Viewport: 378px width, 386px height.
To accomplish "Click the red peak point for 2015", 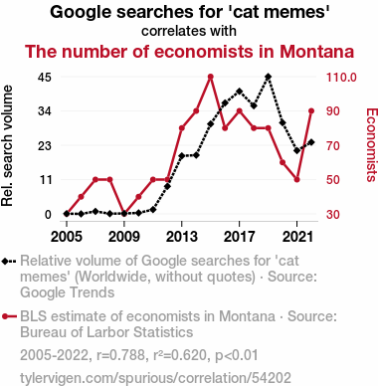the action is pyautogui.click(x=210, y=77).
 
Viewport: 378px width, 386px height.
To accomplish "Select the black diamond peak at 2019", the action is pyautogui.click(x=269, y=77).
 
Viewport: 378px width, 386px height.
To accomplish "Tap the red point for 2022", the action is pyautogui.click(x=311, y=111).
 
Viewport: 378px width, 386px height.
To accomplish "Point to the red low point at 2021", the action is pyautogui.click(x=296, y=180).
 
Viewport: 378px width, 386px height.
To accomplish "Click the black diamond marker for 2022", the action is pyautogui.click(x=311, y=142).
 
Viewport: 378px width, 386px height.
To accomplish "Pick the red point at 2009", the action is pyautogui.click(x=124, y=214).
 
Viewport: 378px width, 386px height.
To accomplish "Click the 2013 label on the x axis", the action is pyautogui.click(x=181, y=237).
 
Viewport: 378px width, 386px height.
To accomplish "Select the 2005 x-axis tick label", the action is pyautogui.click(x=67, y=237).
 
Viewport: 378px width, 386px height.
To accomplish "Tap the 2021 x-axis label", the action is pyautogui.click(x=296, y=237).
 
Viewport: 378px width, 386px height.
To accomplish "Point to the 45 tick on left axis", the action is pyautogui.click(x=45, y=78).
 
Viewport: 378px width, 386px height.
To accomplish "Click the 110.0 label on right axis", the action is pyautogui.click(x=341, y=78).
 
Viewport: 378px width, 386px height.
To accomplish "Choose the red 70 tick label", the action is pyautogui.click(x=333, y=145).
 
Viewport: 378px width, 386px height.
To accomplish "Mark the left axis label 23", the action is pyautogui.click(x=45, y=145).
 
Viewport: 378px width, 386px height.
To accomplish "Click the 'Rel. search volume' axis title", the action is pyautogui.click(x=7, y=145).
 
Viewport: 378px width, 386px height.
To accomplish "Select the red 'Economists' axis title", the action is pyautogui.click(x=371, y=144).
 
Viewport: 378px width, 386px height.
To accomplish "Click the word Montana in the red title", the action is pyautogui.click(x=317, y=52).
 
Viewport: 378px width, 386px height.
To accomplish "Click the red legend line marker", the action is pyautogui.click(x=9, y=316).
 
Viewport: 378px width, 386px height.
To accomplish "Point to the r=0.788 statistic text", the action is pyautogui.click(x=120, y=355).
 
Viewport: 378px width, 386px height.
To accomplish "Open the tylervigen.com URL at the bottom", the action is pyautogui.click(x=155, y=378).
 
